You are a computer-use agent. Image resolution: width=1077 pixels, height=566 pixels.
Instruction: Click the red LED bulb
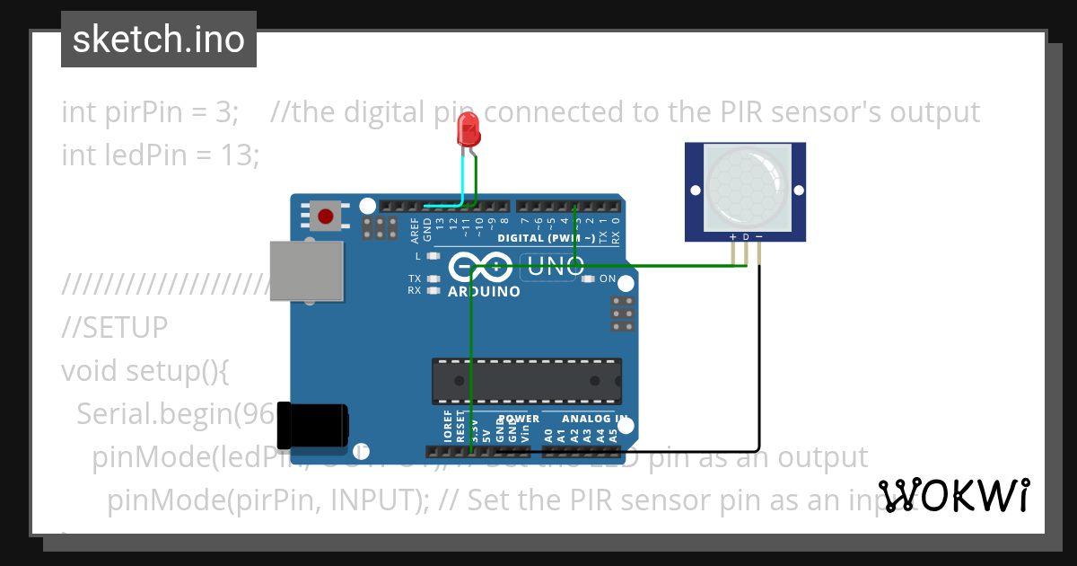[x=468, y=131]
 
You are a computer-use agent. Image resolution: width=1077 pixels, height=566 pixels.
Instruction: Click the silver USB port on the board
[x=307, y=270]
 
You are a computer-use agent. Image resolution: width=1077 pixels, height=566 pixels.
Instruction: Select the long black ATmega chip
[x=526, y=381]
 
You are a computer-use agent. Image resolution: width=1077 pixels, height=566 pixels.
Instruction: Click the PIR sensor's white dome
[x=745, y=187]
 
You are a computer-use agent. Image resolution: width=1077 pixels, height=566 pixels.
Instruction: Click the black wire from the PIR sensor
[x=759, y=359]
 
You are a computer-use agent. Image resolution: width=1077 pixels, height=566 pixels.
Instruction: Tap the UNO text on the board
[x=556, y=266]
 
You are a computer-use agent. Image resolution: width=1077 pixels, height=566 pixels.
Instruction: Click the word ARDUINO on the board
[x=483, y=292]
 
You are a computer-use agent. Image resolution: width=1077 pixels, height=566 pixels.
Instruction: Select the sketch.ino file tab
[x=159, y=40]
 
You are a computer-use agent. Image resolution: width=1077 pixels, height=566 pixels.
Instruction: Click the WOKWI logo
[x=953, y=495]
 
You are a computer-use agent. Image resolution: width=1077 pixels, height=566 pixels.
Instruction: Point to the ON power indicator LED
[x=589, y=279]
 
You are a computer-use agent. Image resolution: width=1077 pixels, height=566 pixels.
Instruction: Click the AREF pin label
[x=415, y=230]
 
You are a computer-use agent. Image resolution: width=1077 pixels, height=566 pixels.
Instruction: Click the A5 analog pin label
[x=614, y=436]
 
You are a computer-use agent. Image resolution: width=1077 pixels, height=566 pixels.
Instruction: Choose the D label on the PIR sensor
[x=746, y=237]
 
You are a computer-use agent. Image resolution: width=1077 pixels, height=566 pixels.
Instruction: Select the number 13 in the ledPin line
[x=240, y=155]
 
